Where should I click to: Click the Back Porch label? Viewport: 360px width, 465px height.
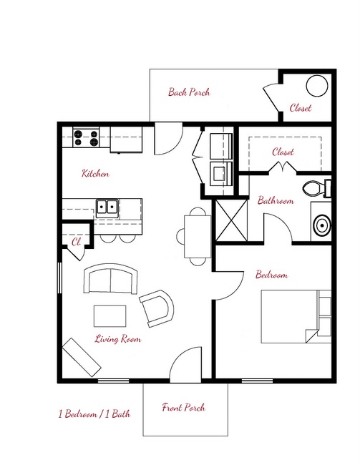click(x=188, y=92)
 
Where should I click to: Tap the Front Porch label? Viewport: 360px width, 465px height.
click(x=183, y=408)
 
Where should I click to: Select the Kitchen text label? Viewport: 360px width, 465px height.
click(x=95, y=174)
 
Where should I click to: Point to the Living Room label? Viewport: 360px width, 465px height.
click(x=117, y=339)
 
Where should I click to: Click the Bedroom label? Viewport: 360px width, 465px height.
click(x=271, y=275)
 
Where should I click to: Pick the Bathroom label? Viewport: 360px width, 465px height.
click(x=276, y=201)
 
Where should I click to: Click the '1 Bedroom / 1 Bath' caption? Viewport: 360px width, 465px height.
click(x=94, y=413)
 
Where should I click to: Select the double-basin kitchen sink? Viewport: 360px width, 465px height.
click(x=108, y=208)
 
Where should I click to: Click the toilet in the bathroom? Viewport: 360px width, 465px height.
click(x=316, y=189)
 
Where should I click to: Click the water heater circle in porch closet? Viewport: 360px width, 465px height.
click(x=316, y=86)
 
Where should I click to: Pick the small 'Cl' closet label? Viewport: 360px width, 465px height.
click(x=74, y=242)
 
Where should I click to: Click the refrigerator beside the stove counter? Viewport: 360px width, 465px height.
click(x=126, y=140)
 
